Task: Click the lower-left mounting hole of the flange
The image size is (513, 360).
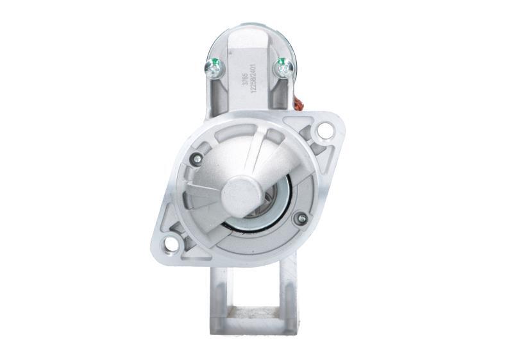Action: [x=171, y=244]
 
